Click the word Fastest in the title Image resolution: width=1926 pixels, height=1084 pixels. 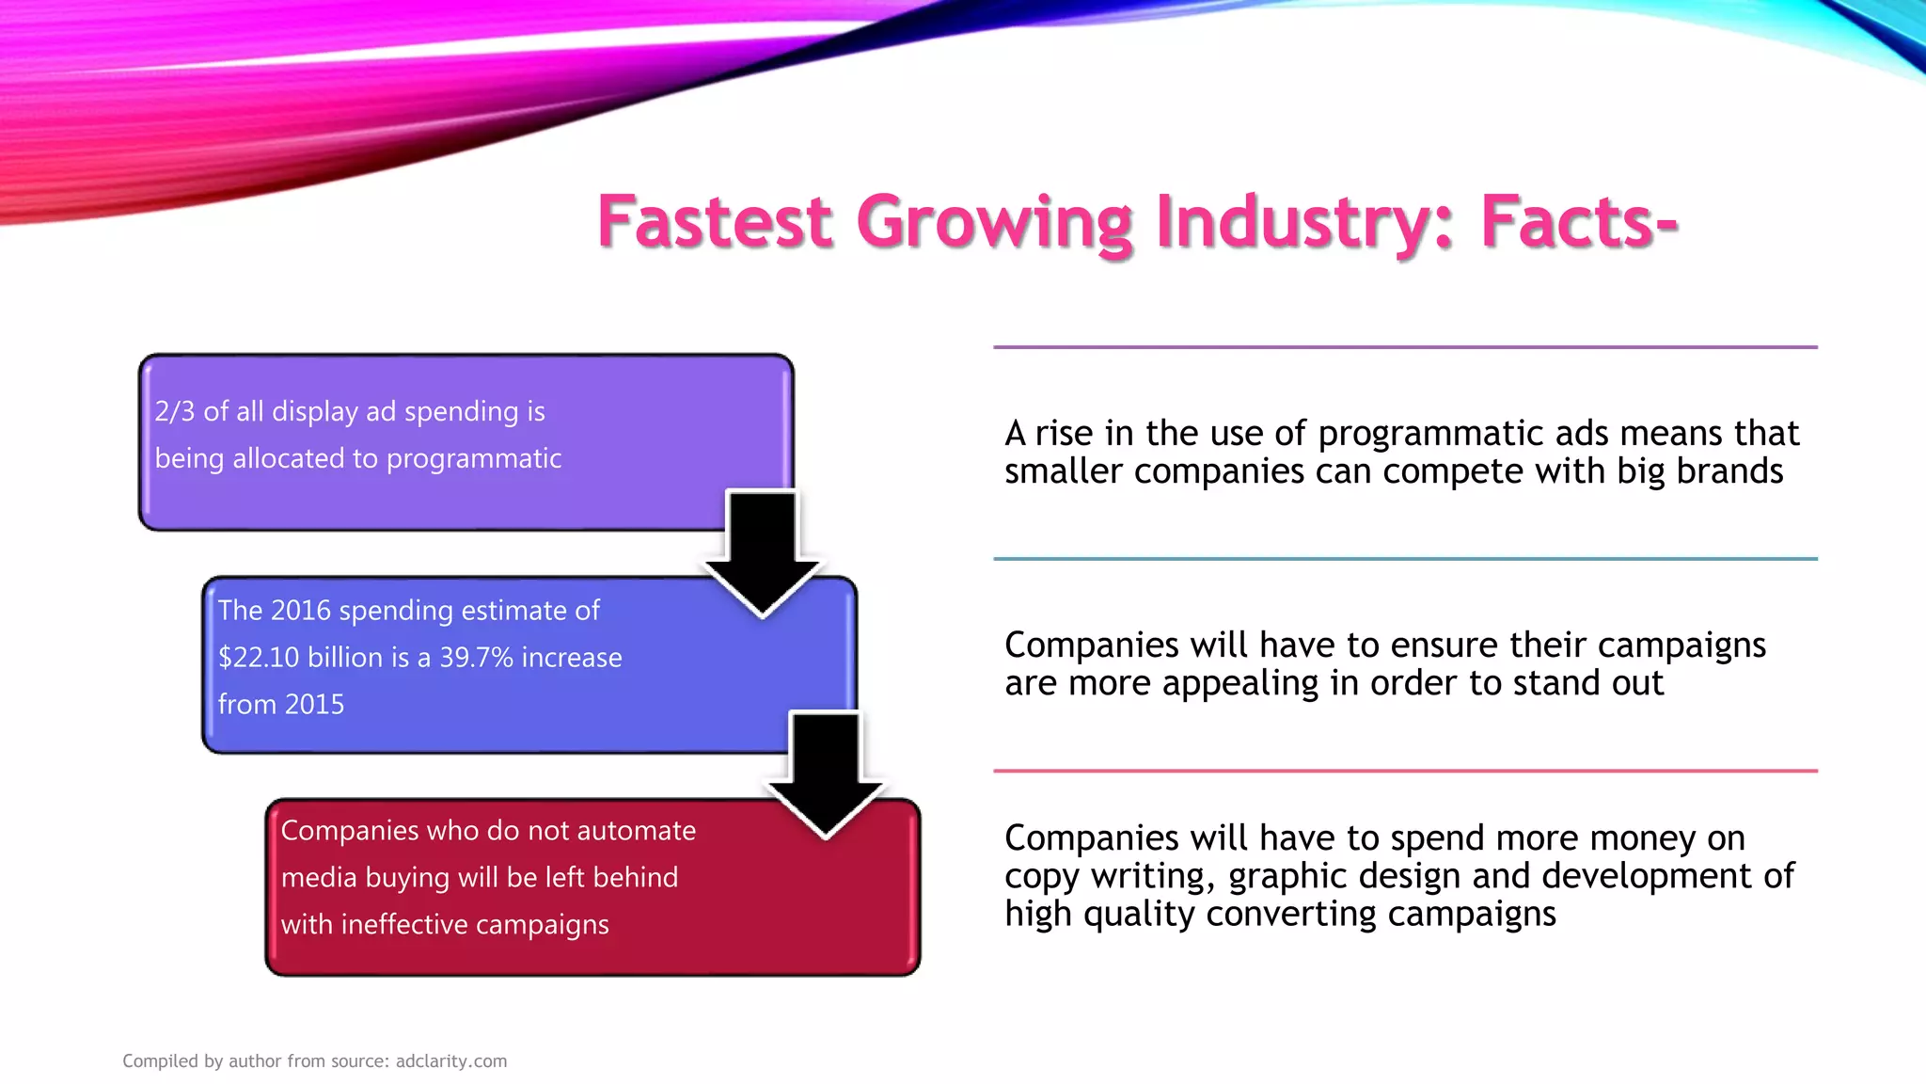tap(715, 222)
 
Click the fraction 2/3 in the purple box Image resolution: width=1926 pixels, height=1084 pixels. tap(175, 411)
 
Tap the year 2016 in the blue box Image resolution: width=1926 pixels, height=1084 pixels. tap(301, 610)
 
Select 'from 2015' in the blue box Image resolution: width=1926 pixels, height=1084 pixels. tap(281, 704)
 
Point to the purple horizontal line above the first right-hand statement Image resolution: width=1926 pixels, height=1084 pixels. tap(1405, 347)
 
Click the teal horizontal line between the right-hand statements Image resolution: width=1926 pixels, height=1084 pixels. tap(1405, 559)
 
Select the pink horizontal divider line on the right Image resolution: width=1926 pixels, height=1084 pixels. tap(1405, 771)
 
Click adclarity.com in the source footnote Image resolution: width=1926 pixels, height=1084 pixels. tap(451, 1060)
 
